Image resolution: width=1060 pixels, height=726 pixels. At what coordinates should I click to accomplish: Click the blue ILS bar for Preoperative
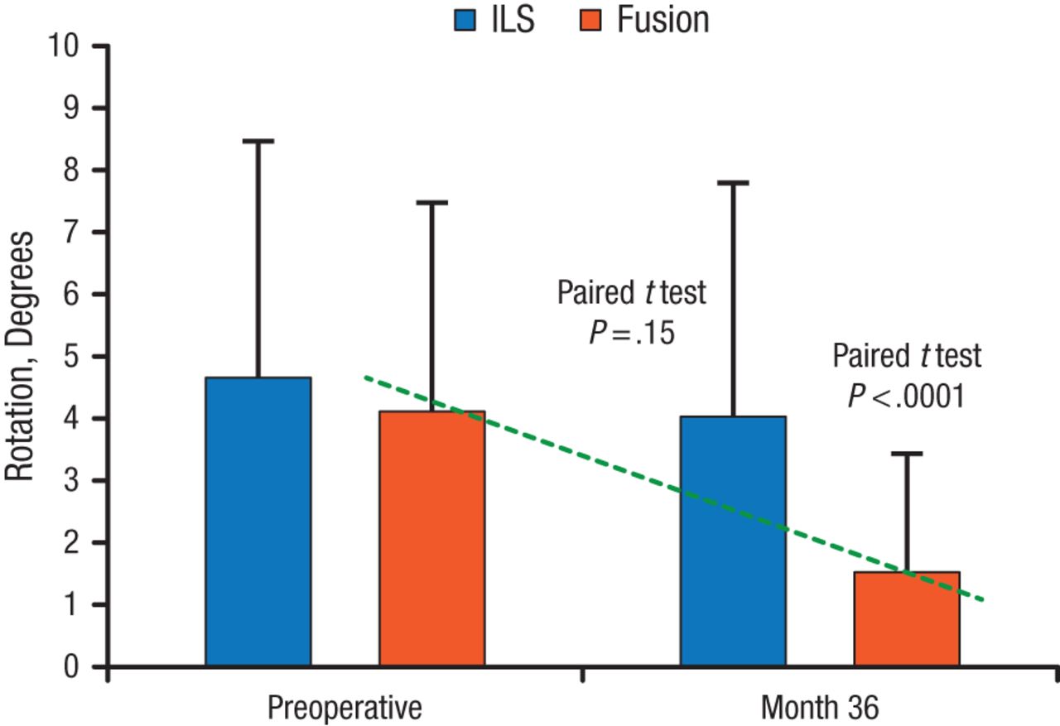(258, 522)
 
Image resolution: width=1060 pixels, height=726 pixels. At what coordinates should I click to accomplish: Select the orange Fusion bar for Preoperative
(432, 538)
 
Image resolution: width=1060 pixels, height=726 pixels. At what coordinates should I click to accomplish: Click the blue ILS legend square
(462, 20)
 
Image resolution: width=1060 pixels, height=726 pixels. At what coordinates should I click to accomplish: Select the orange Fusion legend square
(589, 20)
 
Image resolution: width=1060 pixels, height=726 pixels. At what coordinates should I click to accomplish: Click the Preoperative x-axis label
(344, 709)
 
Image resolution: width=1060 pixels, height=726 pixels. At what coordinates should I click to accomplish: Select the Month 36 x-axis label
(820, 709)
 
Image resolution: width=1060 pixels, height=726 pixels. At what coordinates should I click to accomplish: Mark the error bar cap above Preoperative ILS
(258, 142)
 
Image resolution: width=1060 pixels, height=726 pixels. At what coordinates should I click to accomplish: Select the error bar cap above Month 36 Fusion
(907, 454)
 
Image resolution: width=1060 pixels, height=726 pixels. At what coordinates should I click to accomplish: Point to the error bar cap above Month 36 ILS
(733, 182)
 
